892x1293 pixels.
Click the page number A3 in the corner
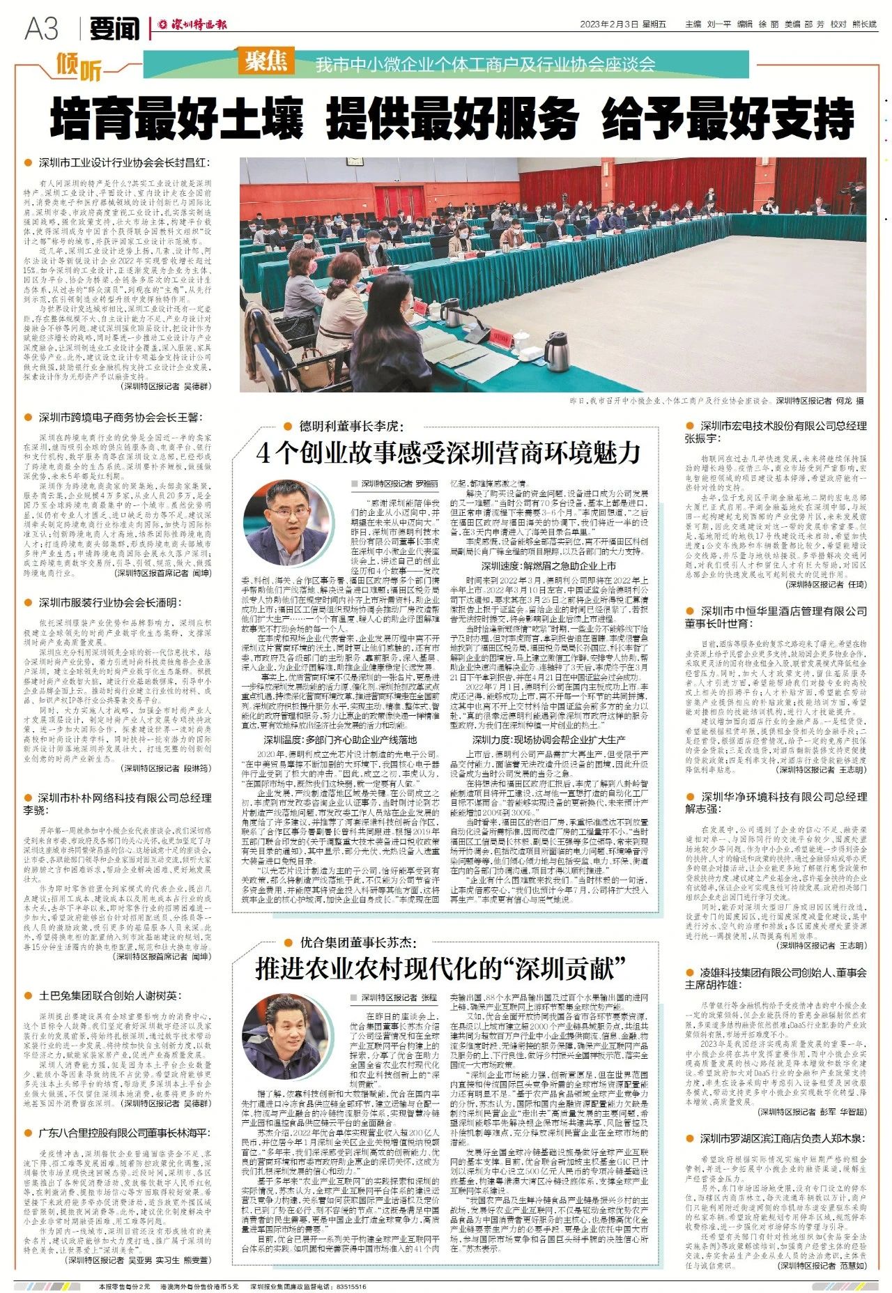42,29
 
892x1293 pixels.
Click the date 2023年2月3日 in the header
609,24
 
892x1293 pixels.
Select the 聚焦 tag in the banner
266,62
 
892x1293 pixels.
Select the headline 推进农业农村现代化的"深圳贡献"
440,968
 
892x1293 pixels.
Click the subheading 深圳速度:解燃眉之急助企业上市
548,566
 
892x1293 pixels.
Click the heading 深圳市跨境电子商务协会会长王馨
118,418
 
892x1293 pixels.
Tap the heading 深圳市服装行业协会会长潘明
109,602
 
